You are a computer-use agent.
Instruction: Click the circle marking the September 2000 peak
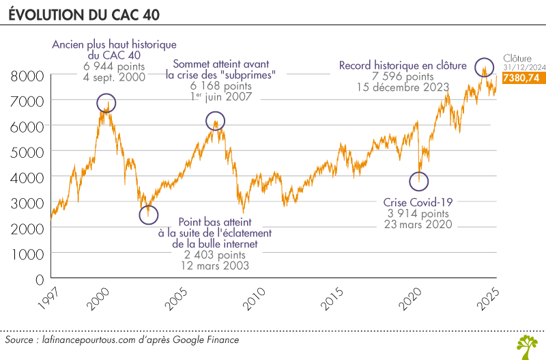(x=106, y=103)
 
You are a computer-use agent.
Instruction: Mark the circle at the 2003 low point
(x=148, y=214)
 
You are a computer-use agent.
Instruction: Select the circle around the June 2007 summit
(x=215, y=122)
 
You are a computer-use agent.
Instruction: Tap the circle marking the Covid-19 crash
(x=418, y=181)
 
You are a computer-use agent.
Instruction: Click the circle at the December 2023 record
(x=485, y=67)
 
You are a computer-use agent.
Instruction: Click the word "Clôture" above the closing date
(x=516, y=59)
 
